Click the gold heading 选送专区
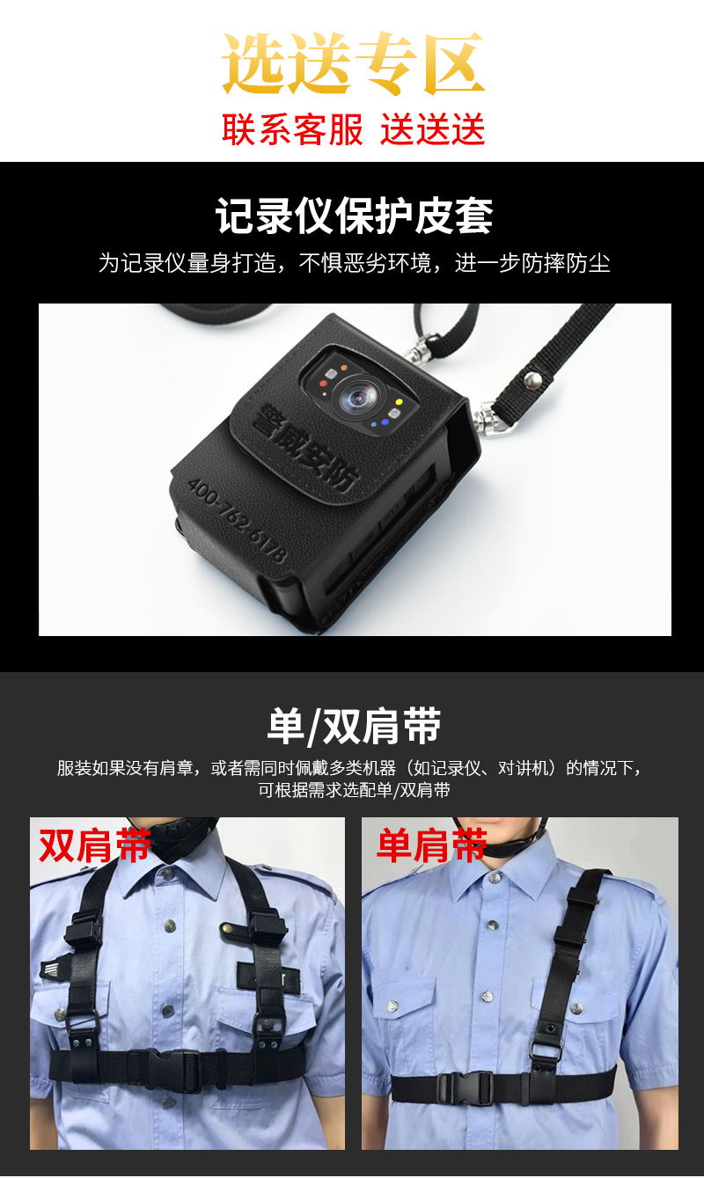pos(353,62)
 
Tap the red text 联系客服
pos(292,128)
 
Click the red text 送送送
pos(432,128)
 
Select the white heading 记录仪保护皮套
pos(354,216)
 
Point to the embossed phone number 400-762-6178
pos(238,521)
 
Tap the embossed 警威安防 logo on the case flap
pos(305,448)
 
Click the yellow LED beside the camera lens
pos(399,402)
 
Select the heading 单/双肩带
pos(354,727)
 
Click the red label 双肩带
pos(95,845)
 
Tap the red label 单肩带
pos(431,845)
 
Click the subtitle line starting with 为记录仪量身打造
pos(354,263)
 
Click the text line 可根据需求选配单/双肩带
pos(354,790)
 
